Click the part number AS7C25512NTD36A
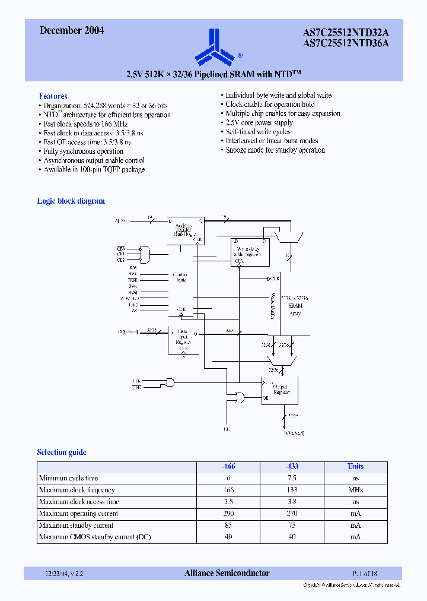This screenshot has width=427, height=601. pyautogui.click(x=354, y=43)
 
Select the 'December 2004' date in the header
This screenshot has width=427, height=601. pyautogui.click(x=72, y=31)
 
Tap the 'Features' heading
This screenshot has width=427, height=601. pyautogui.click(x=53, y=96)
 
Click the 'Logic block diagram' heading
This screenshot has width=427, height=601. pyautogui.click(x=71, y=201)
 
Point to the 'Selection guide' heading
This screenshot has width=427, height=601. pyautogui.click(x=62, y=452)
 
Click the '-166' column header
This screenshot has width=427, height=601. pyautogui.click(x=228, y=466)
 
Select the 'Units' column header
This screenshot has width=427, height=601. pyautogui.click(x=355, y=466)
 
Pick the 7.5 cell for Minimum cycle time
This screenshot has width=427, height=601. pyautogui.click(x=292, y=478)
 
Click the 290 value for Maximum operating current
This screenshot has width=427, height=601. pyautogui.click(x=228, y=514)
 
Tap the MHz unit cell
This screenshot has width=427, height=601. pyautogui.click(x=355, y=490)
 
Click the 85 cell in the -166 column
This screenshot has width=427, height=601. pyautogui.click(x=228, y=526)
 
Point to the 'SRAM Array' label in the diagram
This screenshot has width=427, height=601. pyautogui.click(x=295, y=309)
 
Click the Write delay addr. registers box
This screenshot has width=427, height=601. pyautogui.click(x=250, y=252)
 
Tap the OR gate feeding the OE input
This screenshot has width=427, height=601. pyautogui.click(x=240, y=397)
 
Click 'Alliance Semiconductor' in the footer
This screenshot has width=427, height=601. pyautogui.click(x=227, y=573)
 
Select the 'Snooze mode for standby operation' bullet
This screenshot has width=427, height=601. pyautogui.click(x=275, y=150)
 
